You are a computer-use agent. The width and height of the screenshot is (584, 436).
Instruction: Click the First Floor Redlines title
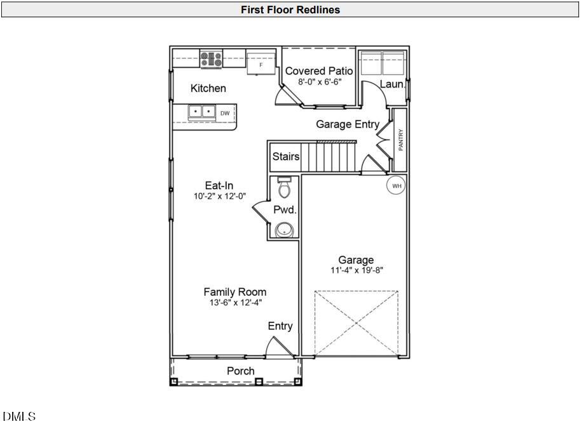pos(290,10)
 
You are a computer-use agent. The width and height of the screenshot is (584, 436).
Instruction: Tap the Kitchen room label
pos(208,88)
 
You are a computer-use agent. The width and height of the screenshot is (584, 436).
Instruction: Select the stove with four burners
pos(211,59)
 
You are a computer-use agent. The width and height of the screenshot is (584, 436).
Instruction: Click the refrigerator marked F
pos(261,64)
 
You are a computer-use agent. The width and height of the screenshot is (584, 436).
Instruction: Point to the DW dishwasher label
pos(225,113)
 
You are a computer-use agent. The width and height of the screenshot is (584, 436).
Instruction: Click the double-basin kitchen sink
pos(202,112)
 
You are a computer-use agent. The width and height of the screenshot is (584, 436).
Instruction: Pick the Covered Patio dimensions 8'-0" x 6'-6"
pos(320,82)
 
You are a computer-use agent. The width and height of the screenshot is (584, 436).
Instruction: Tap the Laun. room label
pos(392,84)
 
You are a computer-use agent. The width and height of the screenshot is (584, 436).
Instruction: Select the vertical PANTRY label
pos(401,140)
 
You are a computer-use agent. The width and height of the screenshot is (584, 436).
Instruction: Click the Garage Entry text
pos(348,124)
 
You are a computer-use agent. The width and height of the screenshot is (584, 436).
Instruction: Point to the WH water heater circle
pos(397,185)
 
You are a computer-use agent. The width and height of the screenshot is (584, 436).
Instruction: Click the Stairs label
pos(286,156)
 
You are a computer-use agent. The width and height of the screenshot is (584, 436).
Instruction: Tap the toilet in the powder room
pos(284,187)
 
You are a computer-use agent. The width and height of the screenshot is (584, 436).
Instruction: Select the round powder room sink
pos(284,230)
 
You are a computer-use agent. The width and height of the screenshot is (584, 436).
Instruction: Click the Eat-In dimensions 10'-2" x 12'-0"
pos(220,196)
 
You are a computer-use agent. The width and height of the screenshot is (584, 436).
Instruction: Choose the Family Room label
pos(235,292)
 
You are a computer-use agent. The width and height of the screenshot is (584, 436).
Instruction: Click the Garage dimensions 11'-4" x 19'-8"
pos(357,270)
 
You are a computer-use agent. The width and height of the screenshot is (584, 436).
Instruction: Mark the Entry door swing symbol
pos(280,347)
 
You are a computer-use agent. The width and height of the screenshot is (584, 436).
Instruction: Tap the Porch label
pos(241,371)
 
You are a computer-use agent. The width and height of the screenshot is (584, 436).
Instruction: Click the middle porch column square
pos(259,381)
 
